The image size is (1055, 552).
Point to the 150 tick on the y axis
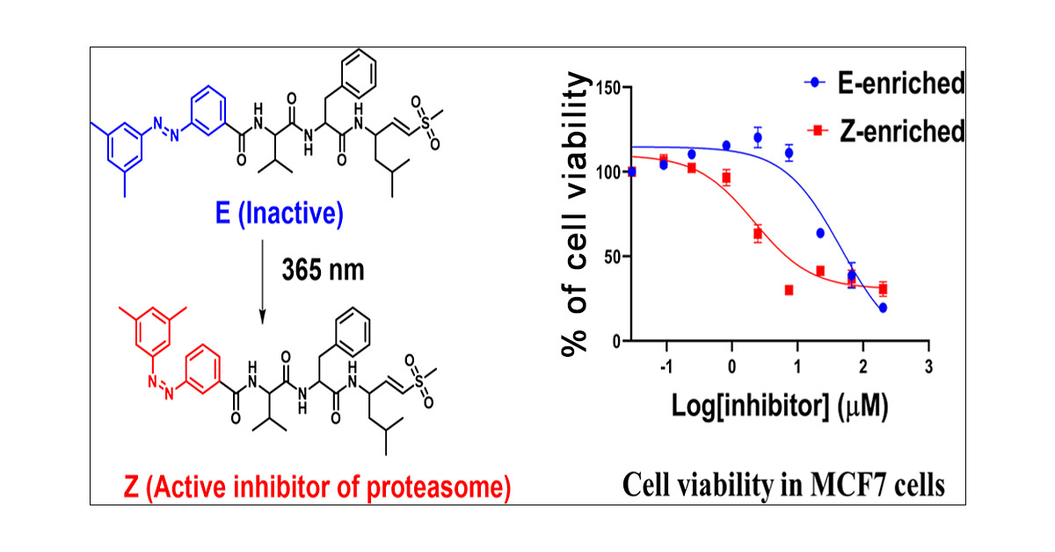click(612, 88)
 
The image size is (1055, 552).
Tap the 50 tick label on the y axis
click(617, 257)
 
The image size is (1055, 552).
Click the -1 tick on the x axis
click(666, 364)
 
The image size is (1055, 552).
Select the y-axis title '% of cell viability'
click(578, 216)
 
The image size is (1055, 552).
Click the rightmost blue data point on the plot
click(882, 308)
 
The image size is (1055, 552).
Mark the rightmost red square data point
click(882, 289)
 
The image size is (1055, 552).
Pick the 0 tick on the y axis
click(621, 341)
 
